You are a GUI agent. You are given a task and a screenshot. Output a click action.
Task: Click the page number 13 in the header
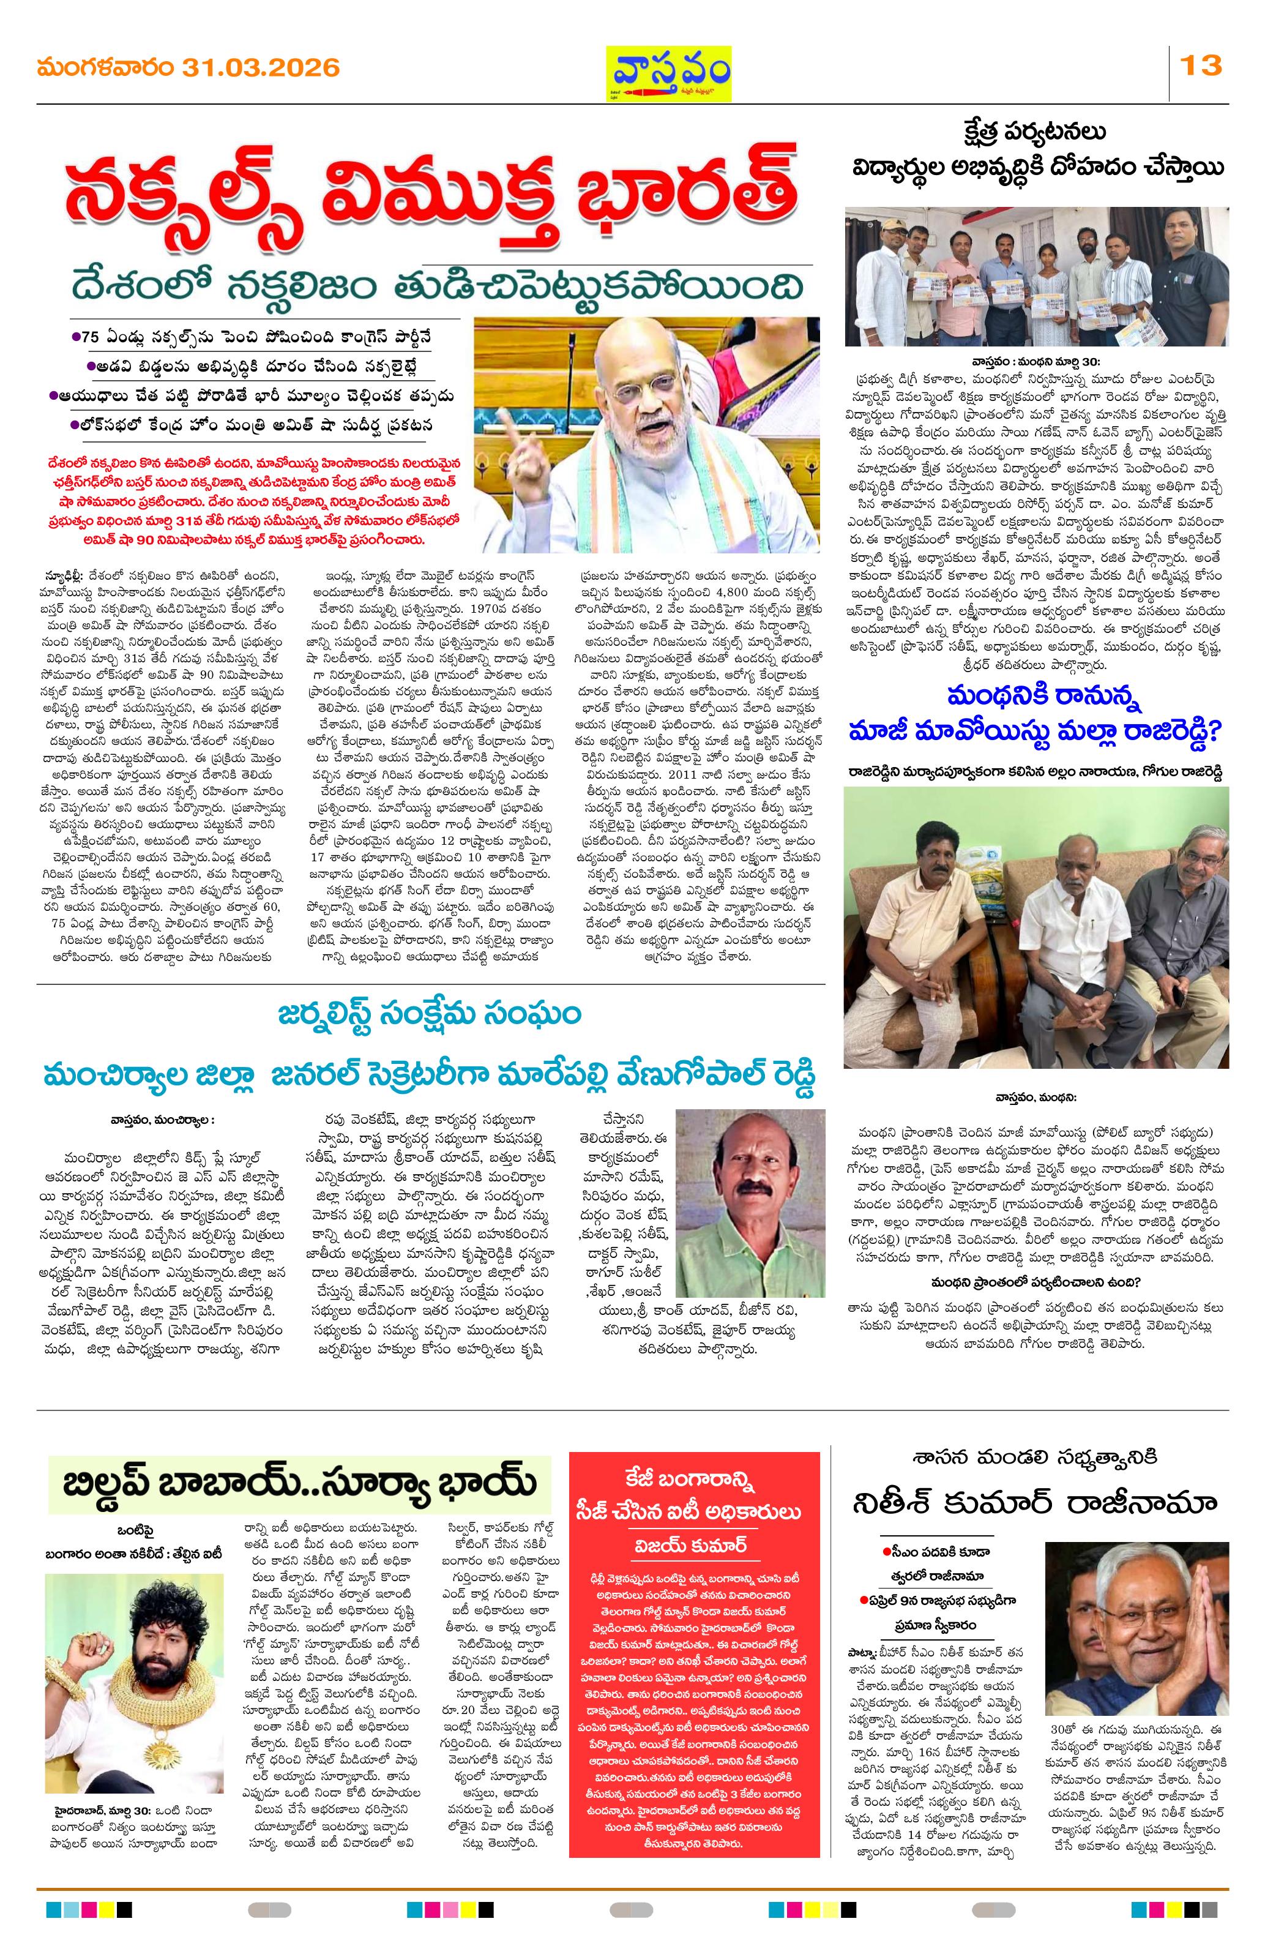(x=1201, y=64)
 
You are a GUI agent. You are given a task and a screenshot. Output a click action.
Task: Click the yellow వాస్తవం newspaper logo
(x=669, y=73)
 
